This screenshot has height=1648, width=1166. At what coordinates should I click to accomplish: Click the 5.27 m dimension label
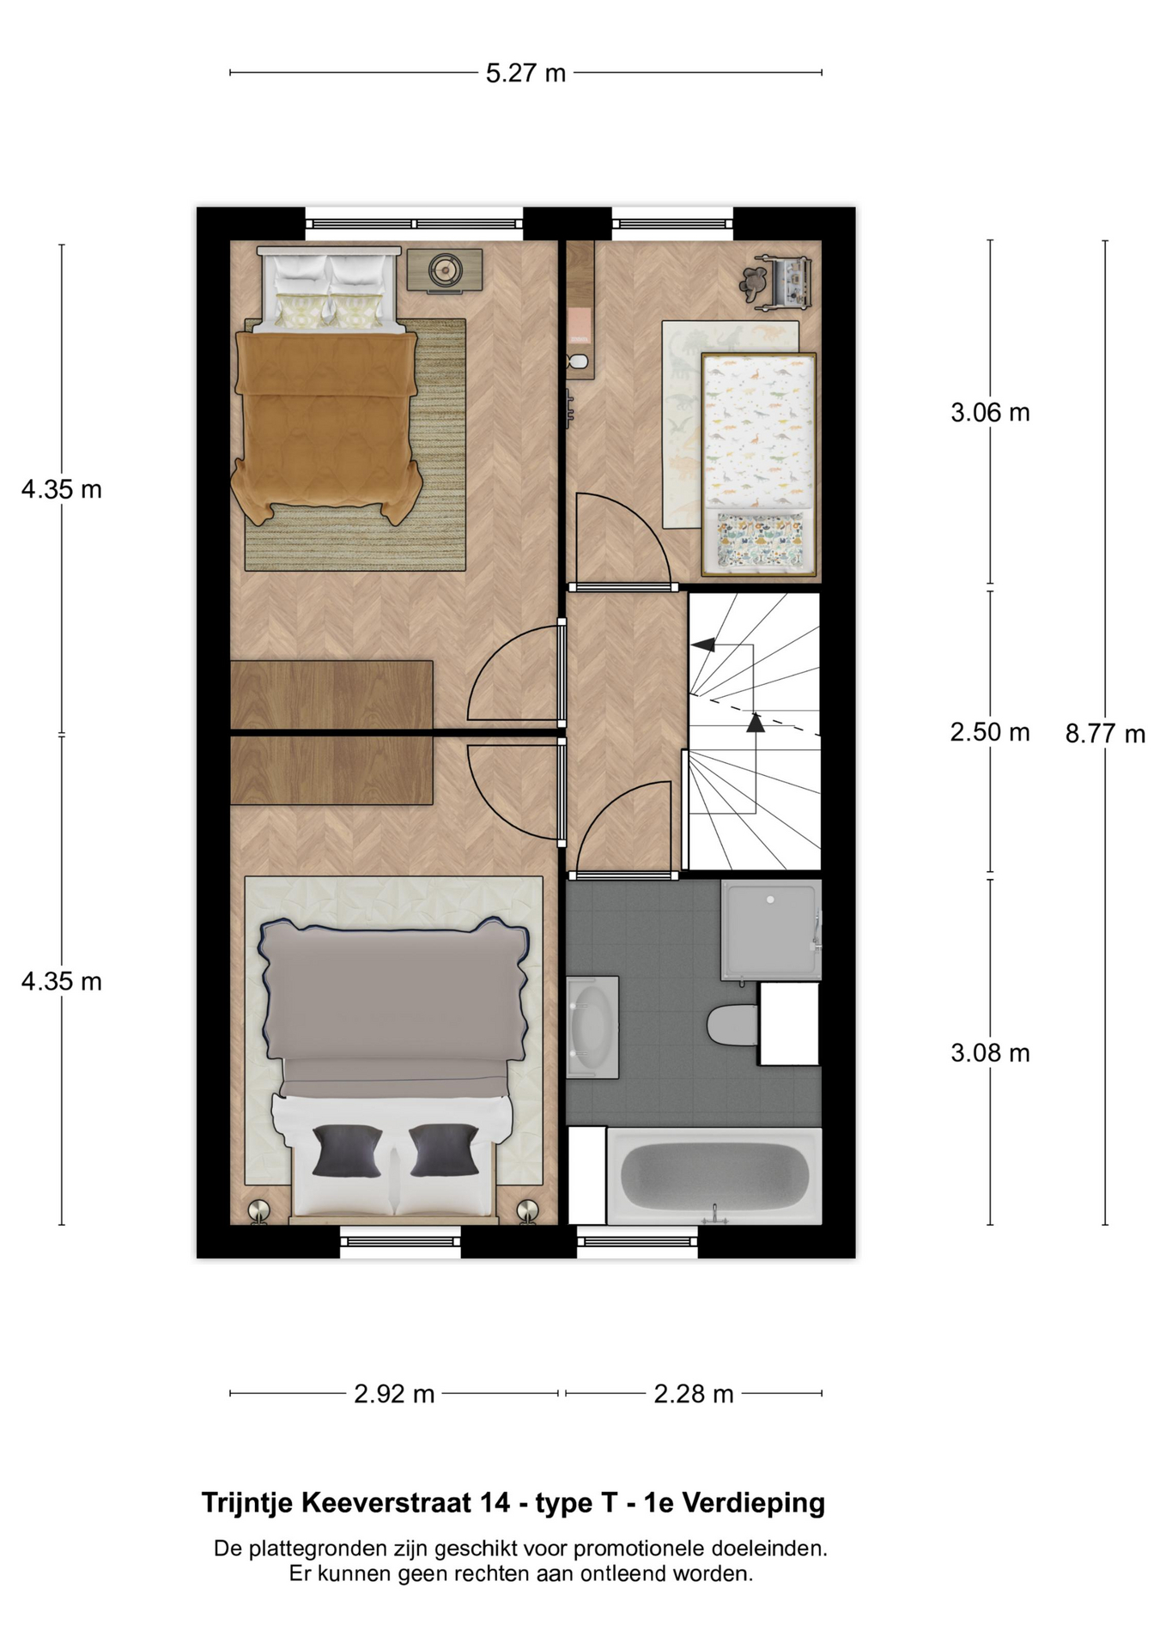coord(525,74)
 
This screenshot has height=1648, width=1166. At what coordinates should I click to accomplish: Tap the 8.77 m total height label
coord(1105,734)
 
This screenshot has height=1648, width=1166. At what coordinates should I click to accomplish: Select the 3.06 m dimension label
coord(990,413)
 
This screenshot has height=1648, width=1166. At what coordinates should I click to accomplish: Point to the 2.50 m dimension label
coord(990,732)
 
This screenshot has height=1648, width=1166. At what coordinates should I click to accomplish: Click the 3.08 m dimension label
coord(990,1053)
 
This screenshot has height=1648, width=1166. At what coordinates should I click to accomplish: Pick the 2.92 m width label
coord(394,1394)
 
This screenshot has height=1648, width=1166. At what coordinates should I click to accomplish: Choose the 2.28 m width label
coord(694,1394)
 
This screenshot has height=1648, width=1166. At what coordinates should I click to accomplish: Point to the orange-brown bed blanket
coord(327,425)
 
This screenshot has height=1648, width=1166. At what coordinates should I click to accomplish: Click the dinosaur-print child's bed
coord(758,463)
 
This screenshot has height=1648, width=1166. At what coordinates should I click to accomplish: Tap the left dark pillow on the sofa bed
coord(347,1150)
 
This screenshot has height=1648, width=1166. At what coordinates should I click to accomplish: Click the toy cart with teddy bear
coord(777,282)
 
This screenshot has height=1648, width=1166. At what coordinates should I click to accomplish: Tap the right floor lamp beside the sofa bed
coord(526,1210)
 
